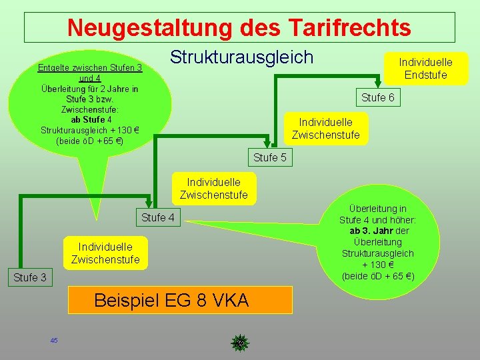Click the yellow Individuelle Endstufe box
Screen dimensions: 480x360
point(425,68)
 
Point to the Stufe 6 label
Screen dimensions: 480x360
point(377,98)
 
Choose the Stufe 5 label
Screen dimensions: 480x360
point(269,158)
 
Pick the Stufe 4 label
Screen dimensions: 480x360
point(158,217)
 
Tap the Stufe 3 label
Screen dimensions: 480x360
point(29,277)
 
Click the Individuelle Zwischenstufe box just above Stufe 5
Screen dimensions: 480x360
point(325,129)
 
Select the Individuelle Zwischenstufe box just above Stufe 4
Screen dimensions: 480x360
point(213,188)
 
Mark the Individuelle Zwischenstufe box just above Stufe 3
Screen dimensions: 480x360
point(105,253)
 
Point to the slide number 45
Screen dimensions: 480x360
point(54,341)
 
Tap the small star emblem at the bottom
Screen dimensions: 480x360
point(239,343)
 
